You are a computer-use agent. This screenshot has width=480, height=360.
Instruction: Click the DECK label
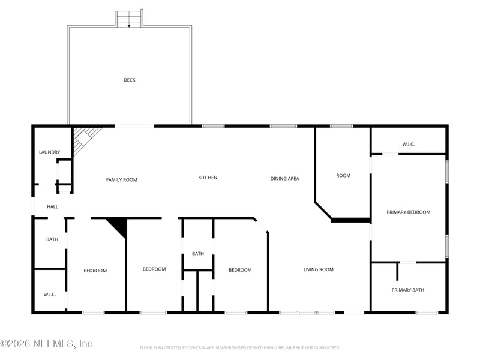pyautogui.click(x=129, y=80)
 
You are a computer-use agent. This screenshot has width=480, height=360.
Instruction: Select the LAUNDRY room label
pyautogui.click(x=49, y=152)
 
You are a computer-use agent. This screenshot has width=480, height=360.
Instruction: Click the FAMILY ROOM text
pyautogui.click(x=122, y=179)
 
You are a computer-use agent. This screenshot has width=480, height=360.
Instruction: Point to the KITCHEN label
pyautogui.click(x=208, y=178)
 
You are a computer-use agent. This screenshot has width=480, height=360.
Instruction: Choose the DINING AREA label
pyautogui.click(x=284, y=178)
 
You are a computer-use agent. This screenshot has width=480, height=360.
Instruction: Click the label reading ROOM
pyautogui.click(x=343, y=176)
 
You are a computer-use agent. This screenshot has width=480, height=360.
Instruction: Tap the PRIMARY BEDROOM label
pyautogui.click(x=408, y=212)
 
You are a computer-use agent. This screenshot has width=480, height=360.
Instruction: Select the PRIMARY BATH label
pyautogui.click(x=408, y=290)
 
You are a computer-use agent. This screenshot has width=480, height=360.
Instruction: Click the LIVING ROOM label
pyautogui.click(x=318, y=269)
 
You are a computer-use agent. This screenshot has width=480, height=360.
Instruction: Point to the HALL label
pyautogui.click(x=53, y=206)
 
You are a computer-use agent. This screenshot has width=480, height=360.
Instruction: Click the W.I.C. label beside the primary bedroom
pyautogui.click(x=408, y=144)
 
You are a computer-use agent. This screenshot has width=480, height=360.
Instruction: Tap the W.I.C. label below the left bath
pyautogui.click(x=49, y=294)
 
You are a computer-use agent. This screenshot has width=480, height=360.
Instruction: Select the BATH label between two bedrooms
pyautogui.click(x=198, y=254)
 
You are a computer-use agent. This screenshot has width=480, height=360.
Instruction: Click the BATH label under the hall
pyautogui.click(x=52, y=239)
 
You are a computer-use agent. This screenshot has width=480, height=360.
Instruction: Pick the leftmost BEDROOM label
pyautogui.click(x=95, y=271)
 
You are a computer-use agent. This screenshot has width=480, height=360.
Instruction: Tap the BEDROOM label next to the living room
pyautogui.click(x=240, y=270)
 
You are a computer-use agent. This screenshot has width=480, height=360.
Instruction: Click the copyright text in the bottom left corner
pyautogui.click(x=46, y=344)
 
